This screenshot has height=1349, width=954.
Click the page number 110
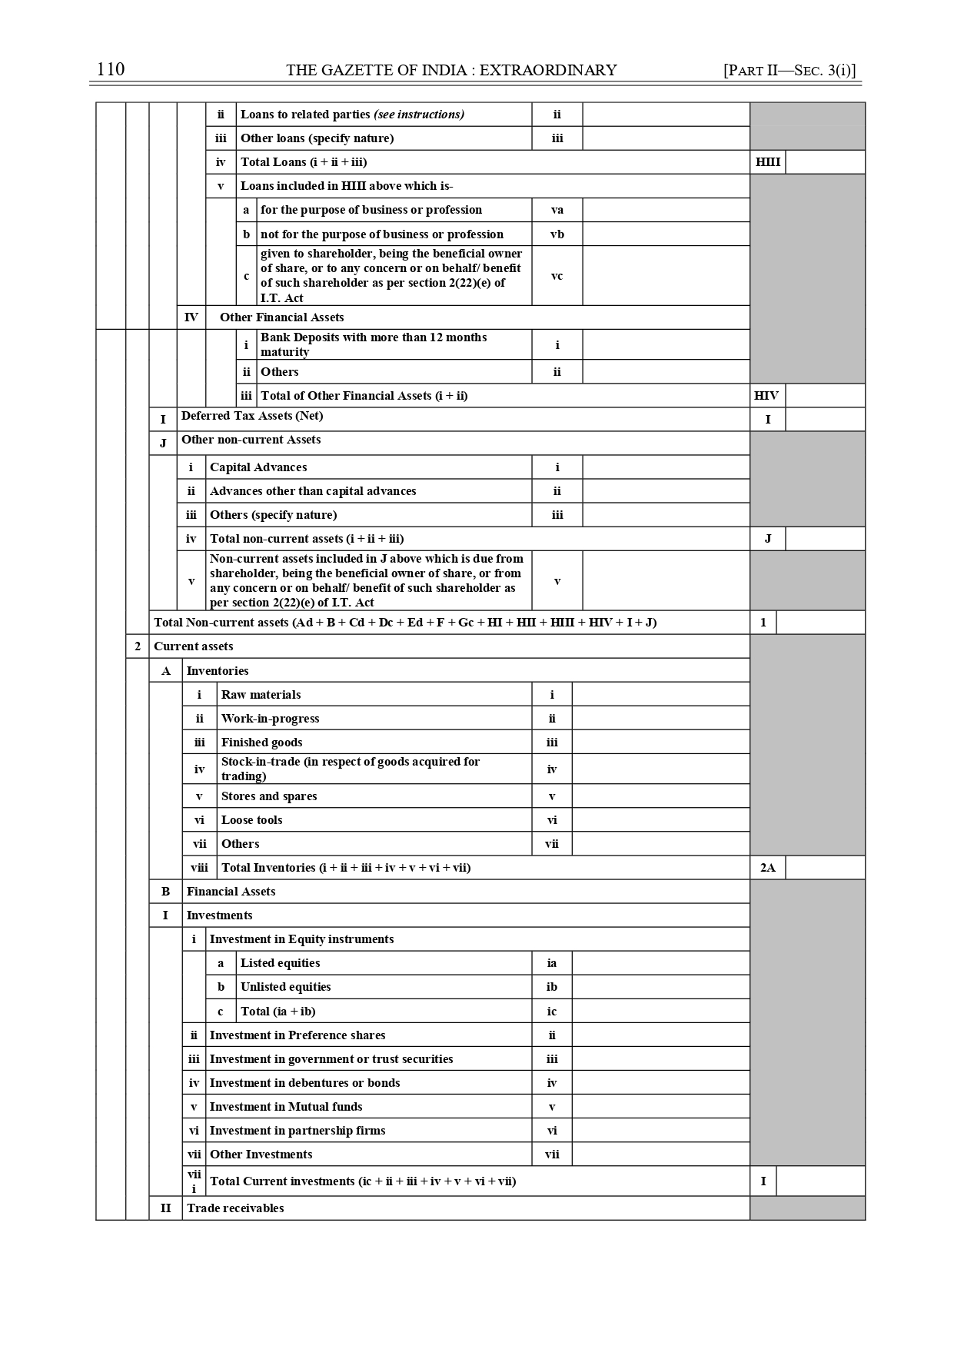(x=111, y=69)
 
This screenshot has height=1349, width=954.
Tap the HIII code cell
(x=767, y=162)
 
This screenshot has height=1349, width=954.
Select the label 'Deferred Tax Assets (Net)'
(x=252, y=416)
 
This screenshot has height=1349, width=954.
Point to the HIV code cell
(x=766, y=396)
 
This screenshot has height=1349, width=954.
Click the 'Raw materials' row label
(x=261, y=695)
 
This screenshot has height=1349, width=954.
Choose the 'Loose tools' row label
(x=252, y=820)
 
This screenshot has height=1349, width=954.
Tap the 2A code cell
(x=767, y=868)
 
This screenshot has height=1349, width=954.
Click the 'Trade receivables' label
(x=235, y=1208)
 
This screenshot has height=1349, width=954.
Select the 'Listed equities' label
(x=280, y=963)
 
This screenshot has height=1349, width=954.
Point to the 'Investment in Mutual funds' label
(x=286, y=1107)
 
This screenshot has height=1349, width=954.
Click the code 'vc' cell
(x=557, y=276)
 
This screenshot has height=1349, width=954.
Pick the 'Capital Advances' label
(x=258, y=467)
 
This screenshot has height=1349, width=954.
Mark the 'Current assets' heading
(x=194, y=646)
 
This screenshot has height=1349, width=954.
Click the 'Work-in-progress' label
(x=271, y=719)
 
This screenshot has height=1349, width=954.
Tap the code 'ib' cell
(x=552, y=987)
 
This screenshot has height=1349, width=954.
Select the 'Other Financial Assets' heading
(x=282, y=317)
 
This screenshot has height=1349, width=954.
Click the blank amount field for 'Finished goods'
(x=660, y=743)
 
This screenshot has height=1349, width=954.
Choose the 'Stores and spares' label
(x=269, y=796)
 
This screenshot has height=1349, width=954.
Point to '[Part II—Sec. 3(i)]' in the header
(x=789, y=71)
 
